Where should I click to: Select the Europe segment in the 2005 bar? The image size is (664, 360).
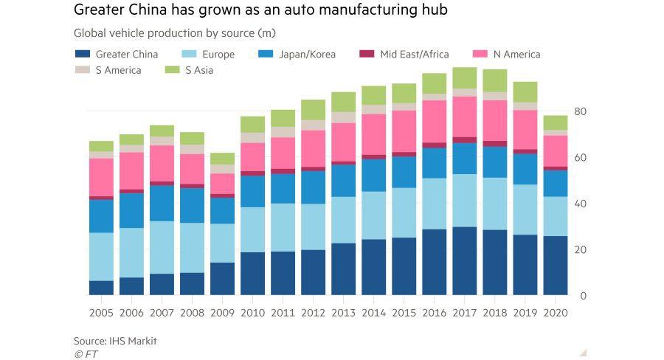click(x=101, y=256)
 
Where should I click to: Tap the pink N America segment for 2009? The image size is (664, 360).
click(x=222, y=184)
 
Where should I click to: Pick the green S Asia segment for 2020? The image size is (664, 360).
click(x=555, y=122)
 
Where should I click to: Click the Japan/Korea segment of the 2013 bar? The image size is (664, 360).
click(x=343, y=181)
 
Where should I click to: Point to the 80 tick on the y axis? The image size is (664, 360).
click(x=580, y=111)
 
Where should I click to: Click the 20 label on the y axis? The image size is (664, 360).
click(x=580, y=250)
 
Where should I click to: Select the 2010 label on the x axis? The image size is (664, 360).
click(x=252, y=312)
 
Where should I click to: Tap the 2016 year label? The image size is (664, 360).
click(x=434, y=312)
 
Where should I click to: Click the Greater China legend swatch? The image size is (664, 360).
click(x=83, y=54)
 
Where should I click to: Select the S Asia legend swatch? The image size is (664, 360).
click(x=173, y=71)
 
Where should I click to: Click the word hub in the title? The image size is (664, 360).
click(x=433, y=11)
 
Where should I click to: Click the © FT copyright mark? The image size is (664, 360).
click(x=86, y=354)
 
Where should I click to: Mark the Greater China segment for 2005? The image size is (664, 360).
click(x=101, y=288)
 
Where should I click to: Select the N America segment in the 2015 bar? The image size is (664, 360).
click(x=404, y=131)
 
